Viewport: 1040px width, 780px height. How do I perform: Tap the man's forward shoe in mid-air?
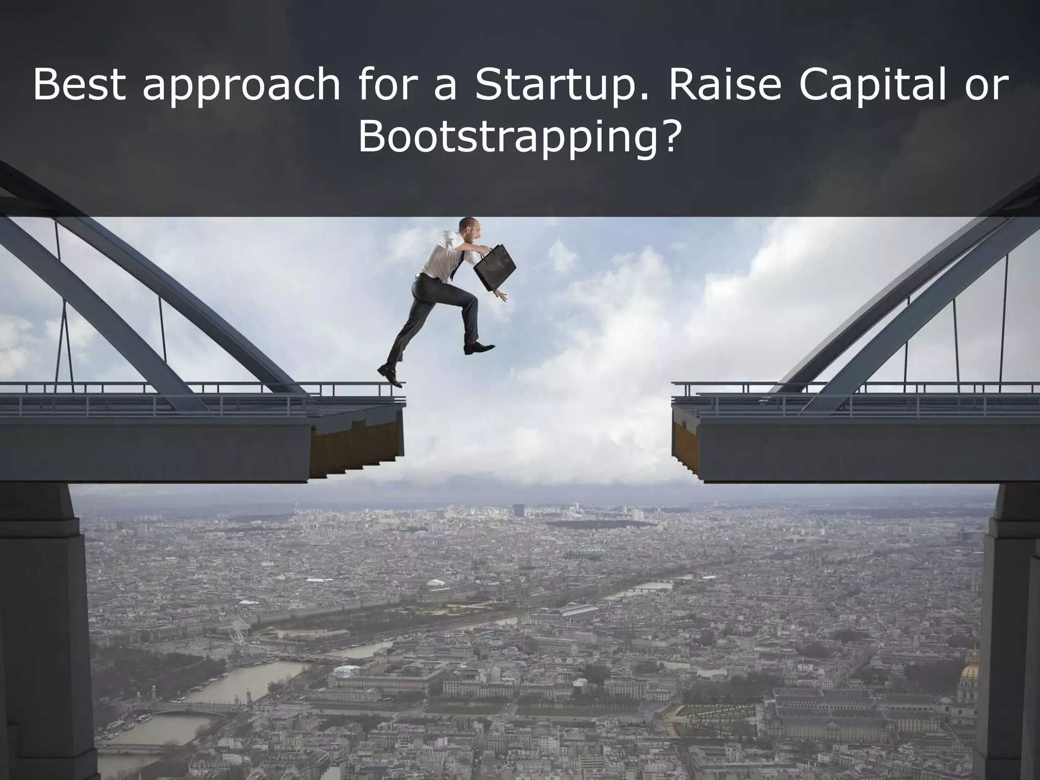[478, 348]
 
